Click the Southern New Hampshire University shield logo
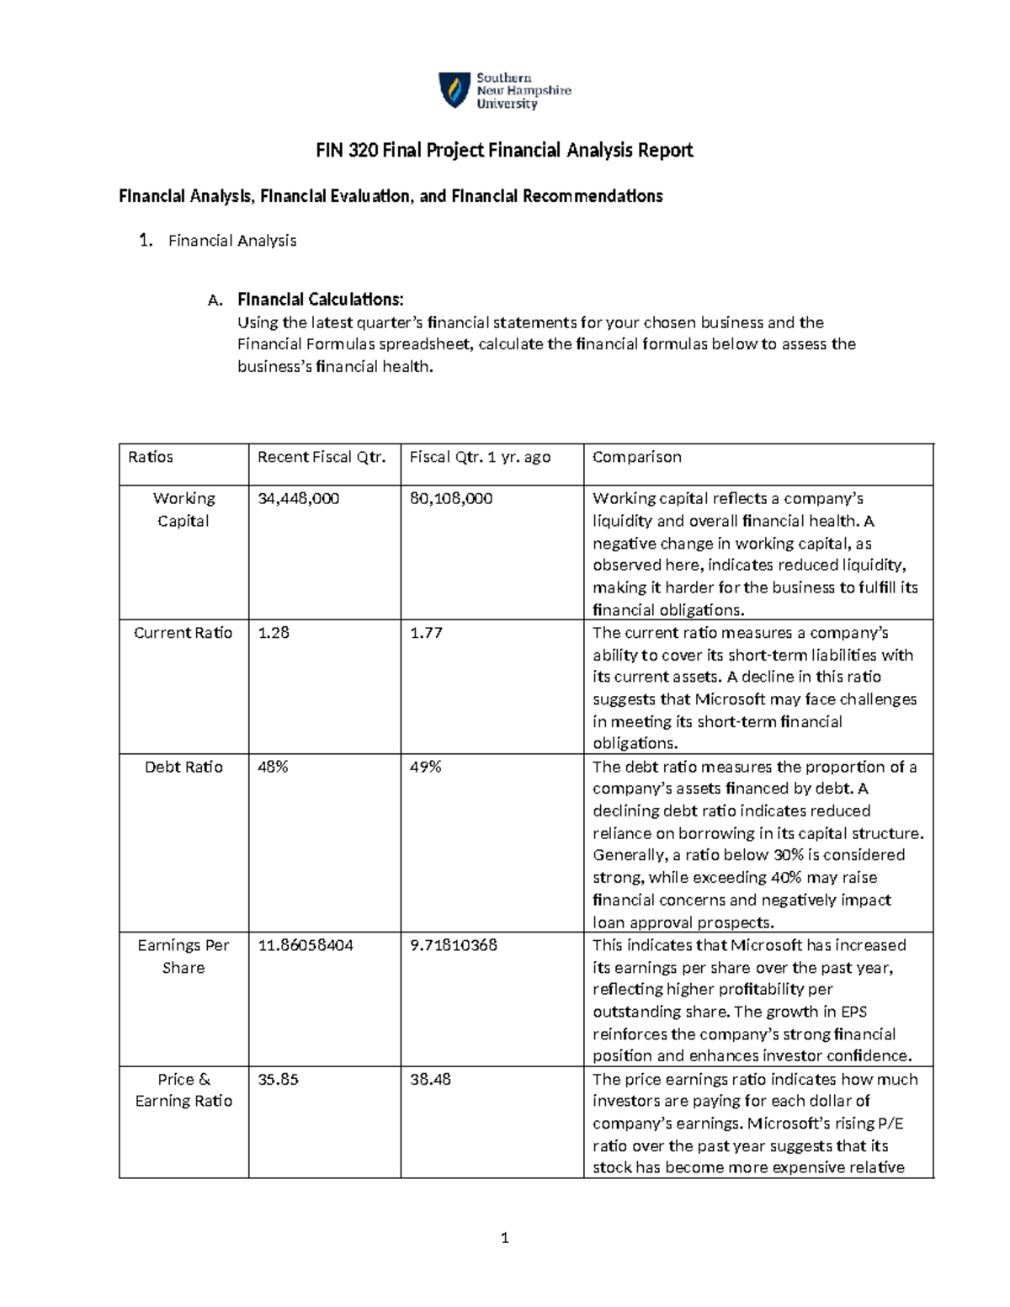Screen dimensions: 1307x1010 454,90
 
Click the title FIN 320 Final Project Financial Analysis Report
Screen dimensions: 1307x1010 504,151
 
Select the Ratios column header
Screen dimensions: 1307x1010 151,457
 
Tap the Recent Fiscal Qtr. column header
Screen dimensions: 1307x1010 322,457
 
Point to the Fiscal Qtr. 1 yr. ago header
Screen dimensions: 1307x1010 480,457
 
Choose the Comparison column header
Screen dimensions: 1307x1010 636,457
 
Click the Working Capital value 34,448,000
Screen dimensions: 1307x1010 299,499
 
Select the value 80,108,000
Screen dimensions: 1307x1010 451,499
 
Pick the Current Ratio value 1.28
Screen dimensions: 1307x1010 274,633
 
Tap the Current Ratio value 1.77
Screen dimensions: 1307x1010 426,633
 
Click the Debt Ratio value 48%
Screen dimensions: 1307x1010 273,767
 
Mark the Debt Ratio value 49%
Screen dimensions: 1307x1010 425,767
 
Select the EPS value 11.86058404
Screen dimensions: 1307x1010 306,945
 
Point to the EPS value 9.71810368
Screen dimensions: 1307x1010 454,945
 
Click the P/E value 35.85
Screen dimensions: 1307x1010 278,1079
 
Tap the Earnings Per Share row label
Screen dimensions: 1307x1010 183,956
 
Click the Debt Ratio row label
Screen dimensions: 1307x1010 183,767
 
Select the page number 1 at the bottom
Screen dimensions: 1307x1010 504,1237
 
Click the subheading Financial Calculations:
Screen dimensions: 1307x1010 320,300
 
